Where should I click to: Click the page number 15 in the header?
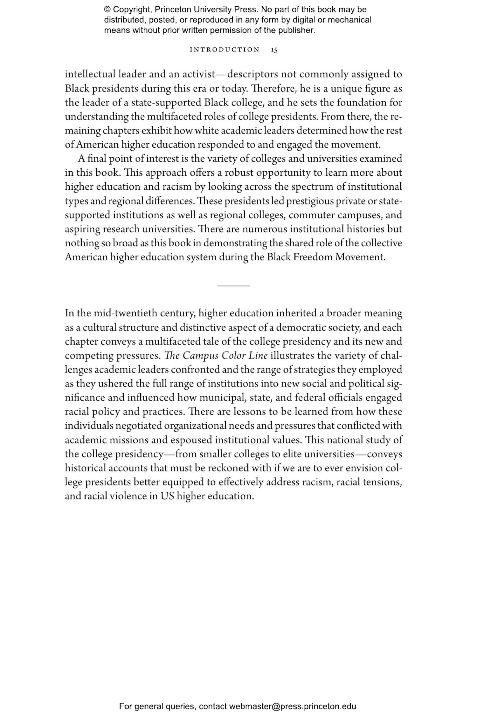coord(274,50)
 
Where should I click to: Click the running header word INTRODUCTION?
coord(225,50)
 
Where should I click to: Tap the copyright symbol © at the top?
coord(107,10)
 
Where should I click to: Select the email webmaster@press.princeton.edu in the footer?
coord(292,706)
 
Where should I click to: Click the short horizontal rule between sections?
coord(233,286)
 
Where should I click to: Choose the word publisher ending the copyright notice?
coord(298,31)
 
